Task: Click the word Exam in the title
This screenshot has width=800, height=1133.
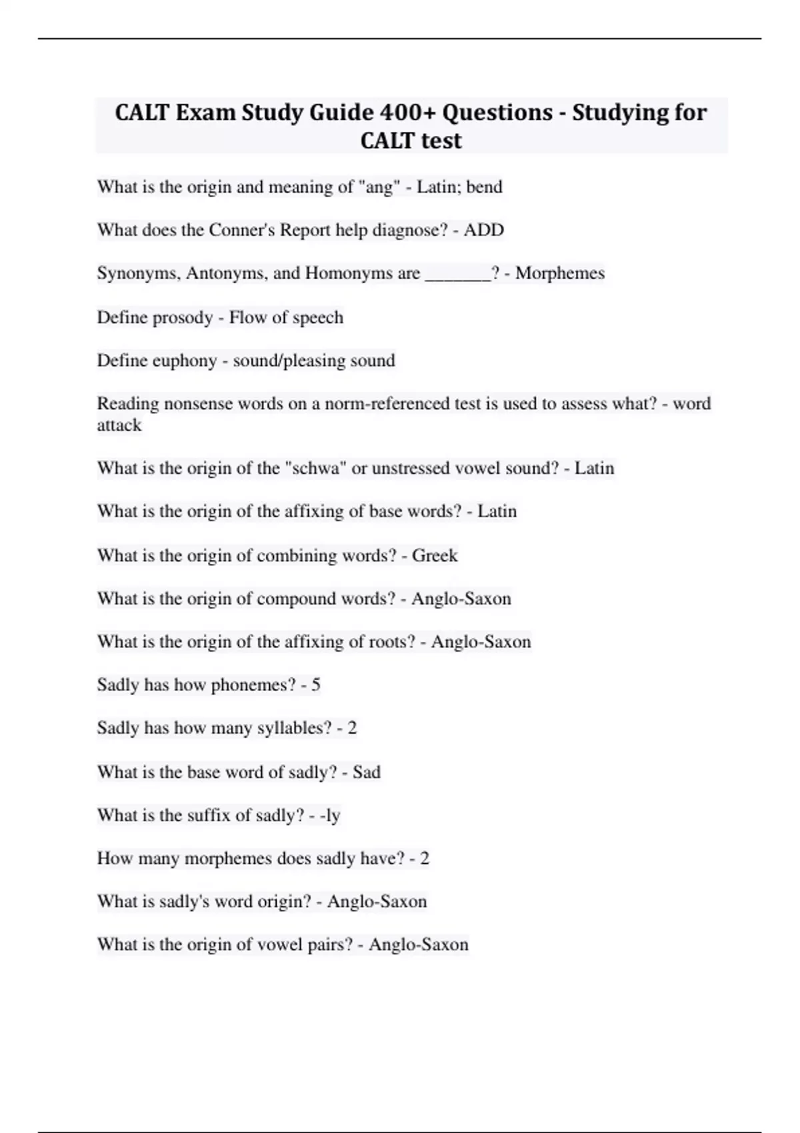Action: pyautogui.click(x=205, y=113)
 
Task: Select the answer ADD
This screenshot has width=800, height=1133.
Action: pyautogui.click(x=484, y=230)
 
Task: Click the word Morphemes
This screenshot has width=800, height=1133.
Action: pyautogui.click(x=560, y=273)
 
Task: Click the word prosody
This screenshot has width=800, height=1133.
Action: pyautogui.click(x=181, y=317)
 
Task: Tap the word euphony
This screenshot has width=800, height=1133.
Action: pyautogui.click(x=184, y=361)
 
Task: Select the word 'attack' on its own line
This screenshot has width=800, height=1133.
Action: pyautogui.click(x=119, y=425)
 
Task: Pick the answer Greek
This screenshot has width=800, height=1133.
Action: pyautogui.click(x=435, y=555)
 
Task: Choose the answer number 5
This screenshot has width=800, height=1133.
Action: pyautogui.click(x=315, y=684)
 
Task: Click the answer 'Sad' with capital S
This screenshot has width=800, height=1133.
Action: pyautogui.click(x=366, y=772)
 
